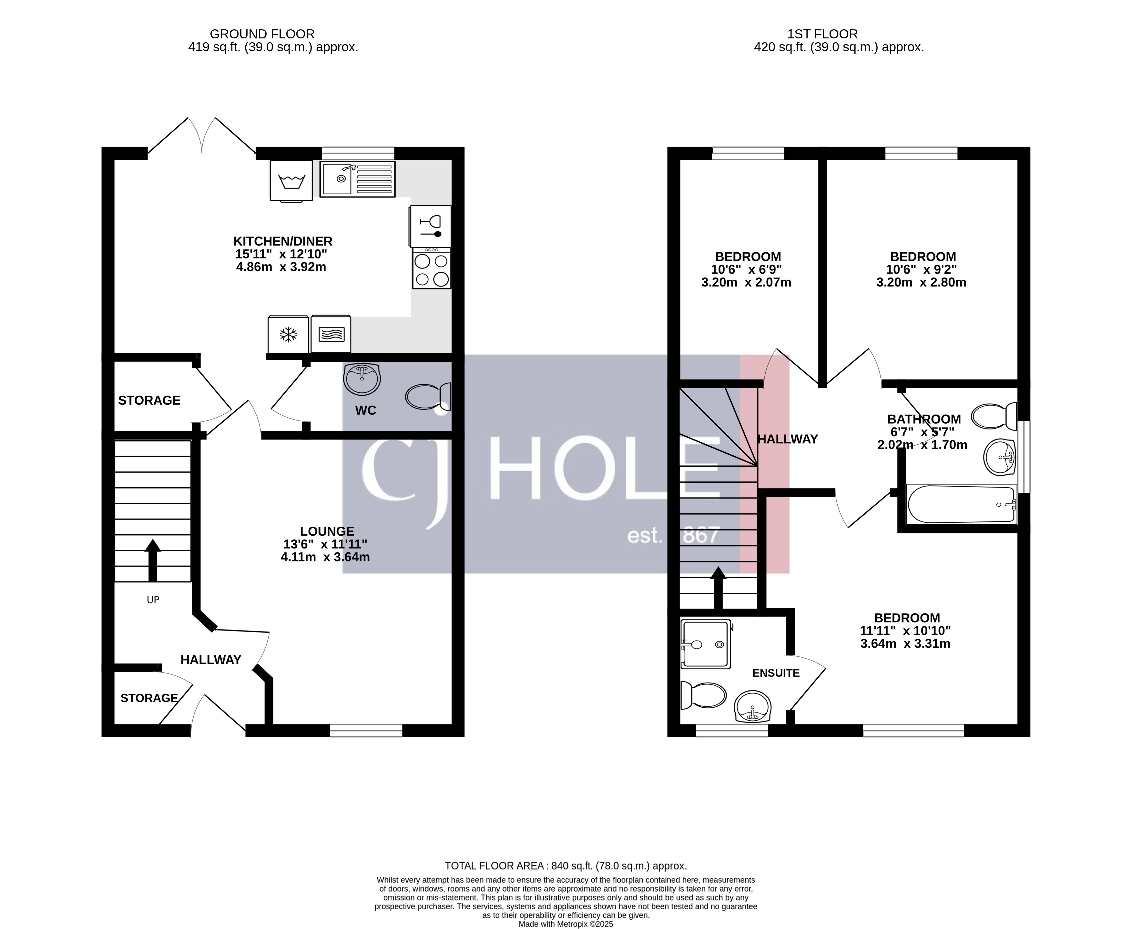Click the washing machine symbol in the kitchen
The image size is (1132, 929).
pos(291,181)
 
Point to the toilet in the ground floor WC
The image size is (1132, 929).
pos(427,397)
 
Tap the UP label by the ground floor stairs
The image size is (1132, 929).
pos(153,600)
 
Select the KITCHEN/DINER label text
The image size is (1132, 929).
pos(283,241)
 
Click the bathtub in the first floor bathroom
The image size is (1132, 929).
pos(960,504)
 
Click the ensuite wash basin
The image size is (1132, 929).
pos(752,706)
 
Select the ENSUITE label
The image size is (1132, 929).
pos(776,673)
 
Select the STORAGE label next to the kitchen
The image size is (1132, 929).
pos(149,400)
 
